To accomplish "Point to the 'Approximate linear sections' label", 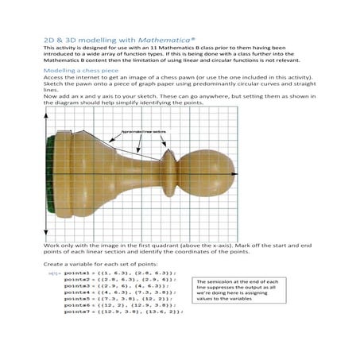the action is tap(143, 130).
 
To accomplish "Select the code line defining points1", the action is tap(119, 273).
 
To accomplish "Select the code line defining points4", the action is tap(119, 292).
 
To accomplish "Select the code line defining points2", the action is tap(119, 279).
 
